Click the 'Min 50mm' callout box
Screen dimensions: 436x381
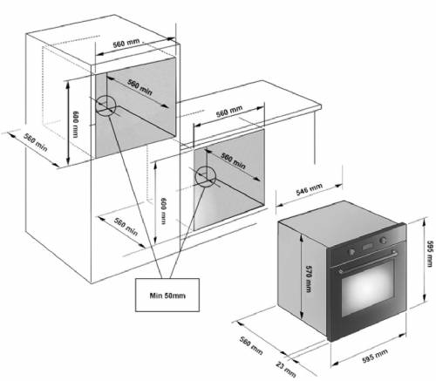(167, 295)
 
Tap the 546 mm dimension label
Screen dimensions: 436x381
(310, 189)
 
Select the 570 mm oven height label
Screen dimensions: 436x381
(309, 279)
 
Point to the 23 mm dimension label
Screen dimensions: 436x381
(286, 369)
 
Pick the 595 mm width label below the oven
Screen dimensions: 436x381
(375, 356)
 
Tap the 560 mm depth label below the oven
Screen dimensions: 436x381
(251, 345)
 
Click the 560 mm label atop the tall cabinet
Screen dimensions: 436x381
(126, 44)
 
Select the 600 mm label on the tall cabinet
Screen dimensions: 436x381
(75, 124)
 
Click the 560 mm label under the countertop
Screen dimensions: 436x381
(229, 112)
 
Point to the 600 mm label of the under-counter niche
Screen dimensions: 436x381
(163, 211)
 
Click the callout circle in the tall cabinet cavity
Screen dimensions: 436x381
(106, 105)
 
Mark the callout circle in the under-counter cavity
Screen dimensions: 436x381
(206, 176)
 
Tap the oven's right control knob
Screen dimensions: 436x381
(384, 241)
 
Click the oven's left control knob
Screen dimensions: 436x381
(351, 252)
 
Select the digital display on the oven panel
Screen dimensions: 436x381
(367, 247)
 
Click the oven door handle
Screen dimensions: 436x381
(368, 262)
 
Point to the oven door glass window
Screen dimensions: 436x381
(368, 289)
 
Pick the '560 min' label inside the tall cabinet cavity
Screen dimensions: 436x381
(140, 86)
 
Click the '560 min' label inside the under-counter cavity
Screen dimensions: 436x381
(233, 160)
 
